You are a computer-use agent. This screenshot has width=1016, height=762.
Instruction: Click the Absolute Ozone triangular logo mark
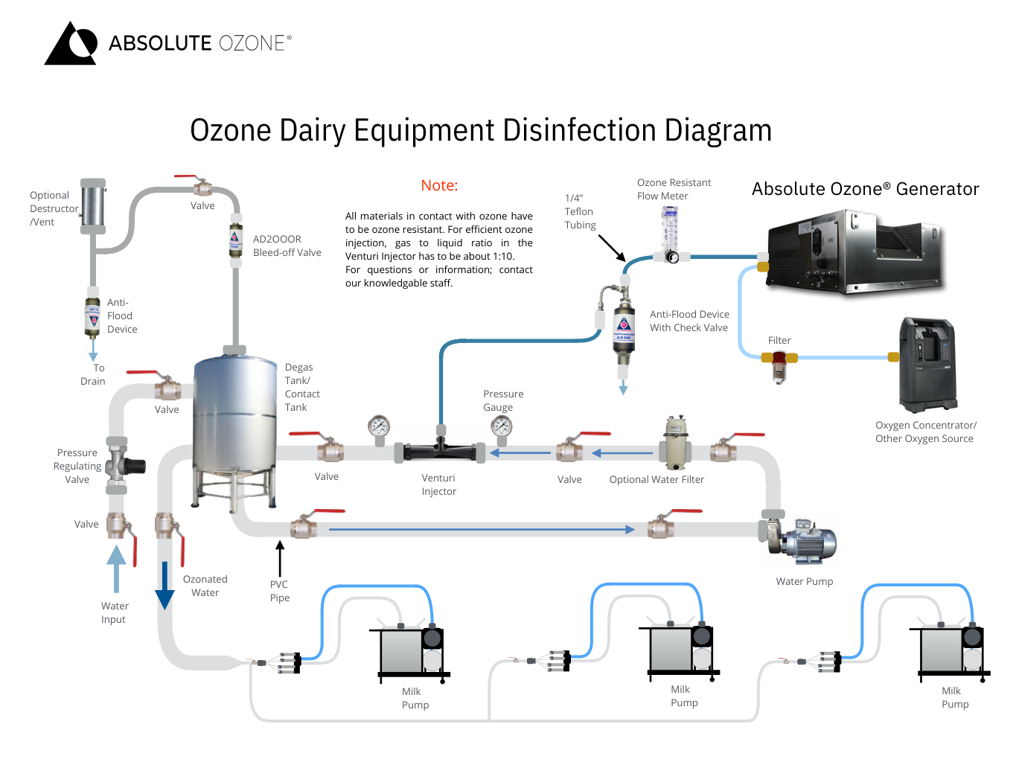(x=71, y=44)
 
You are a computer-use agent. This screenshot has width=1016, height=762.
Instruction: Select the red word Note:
(x=439, y=185)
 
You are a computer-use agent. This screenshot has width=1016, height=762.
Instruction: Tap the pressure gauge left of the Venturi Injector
(x=379, y=427)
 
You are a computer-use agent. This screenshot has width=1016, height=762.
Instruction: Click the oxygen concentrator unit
(x=927, y=364)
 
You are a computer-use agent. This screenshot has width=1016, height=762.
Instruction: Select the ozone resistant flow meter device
(x=671, y=234)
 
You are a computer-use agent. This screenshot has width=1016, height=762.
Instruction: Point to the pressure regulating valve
(x=119, y=466)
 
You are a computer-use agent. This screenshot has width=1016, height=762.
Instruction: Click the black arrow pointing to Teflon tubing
(x=612, y=248)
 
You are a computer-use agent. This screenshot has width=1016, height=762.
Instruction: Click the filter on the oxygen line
(x=779, y=364)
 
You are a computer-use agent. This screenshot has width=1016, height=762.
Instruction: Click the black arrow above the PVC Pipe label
(x=280, y=558)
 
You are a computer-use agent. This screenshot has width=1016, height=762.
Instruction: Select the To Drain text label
(x=93, y=374)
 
